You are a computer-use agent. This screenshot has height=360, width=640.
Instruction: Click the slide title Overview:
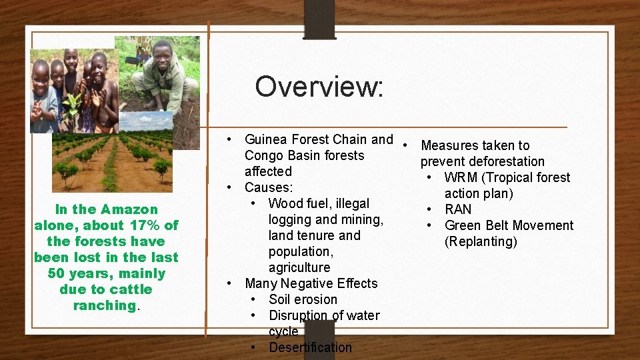pos(319,86)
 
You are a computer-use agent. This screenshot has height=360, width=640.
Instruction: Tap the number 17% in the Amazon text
pos(146,225)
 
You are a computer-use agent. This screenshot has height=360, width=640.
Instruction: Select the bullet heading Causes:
pos(269,187)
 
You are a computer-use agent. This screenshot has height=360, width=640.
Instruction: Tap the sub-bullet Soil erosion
pos(303,299)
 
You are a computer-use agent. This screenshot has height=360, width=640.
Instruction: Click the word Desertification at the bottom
pos(310,347)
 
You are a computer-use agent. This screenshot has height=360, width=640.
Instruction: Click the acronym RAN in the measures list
pos(458,209)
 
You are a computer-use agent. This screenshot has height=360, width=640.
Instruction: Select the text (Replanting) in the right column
pos(481,241)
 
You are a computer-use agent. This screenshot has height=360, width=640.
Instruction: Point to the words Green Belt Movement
pos(509,225)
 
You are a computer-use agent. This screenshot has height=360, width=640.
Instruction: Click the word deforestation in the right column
pos(507,161)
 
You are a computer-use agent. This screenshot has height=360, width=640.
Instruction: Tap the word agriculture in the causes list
pos(299,267)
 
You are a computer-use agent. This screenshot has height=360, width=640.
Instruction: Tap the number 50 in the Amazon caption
pos(57,273)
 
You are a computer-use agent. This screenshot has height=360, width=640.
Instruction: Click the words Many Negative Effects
pos(311,283)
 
